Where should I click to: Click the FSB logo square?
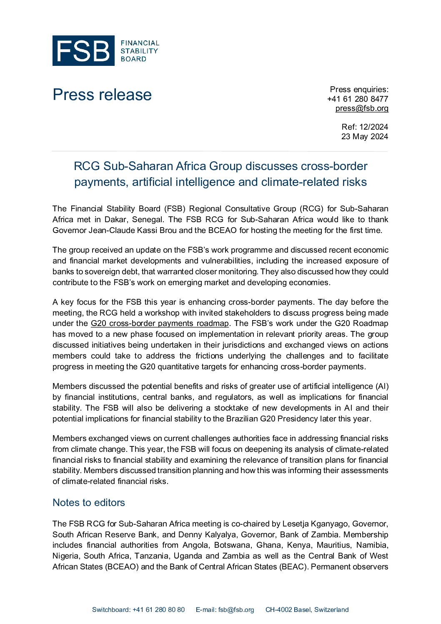tap(83, 50)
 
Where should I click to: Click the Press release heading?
tap(102, 95)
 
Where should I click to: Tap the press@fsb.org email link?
tap(362, 108)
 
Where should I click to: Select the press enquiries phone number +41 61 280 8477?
tap(358, 99)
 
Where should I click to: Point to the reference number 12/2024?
tap(373, 127)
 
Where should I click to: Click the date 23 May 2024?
tap(365, 136)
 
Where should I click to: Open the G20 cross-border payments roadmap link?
tap(160, 323)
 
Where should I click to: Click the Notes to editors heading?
tap(89, 503)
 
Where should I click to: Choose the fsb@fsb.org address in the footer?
tap(236, 610)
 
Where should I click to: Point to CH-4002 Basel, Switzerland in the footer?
tap(307, 610)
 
